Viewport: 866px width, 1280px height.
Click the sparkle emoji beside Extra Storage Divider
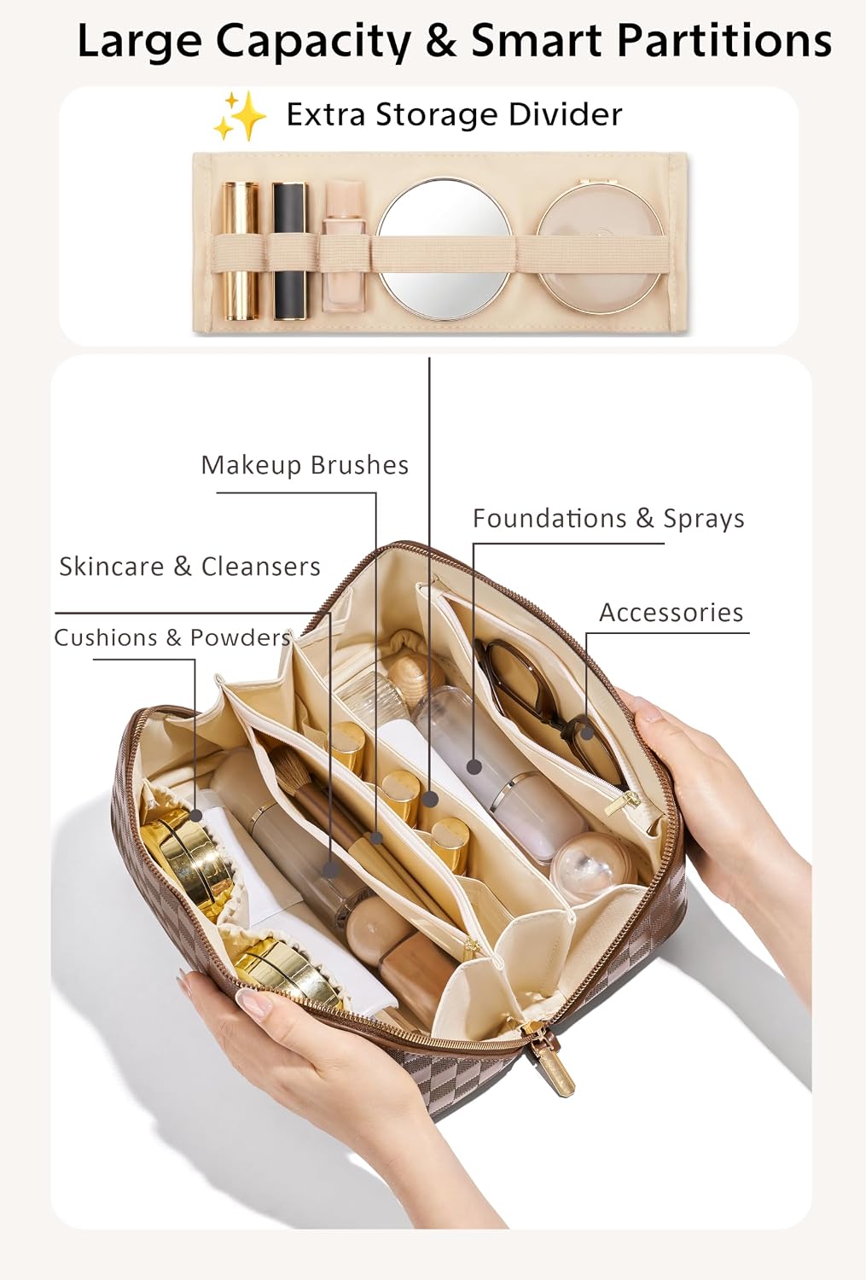(x=240, y=116)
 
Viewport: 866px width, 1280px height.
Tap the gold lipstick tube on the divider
(x=240, y=251)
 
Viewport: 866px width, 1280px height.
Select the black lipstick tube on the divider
(x=289, y=251)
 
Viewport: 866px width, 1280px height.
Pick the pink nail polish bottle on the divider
(x=343, y=247)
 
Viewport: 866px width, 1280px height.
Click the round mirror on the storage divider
(x=445, y=249)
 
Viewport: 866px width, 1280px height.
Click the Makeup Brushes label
(x=305, y=465)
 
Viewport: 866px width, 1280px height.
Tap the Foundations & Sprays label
(x=609, y=518)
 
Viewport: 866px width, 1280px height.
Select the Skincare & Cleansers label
(x=189, y=567)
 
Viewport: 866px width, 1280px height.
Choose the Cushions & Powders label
(x=172, y=637)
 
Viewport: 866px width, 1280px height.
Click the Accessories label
(x=671, y=613)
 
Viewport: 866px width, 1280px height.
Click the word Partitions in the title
(x=724, y=40)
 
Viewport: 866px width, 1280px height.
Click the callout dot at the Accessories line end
(x=587, y=732)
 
